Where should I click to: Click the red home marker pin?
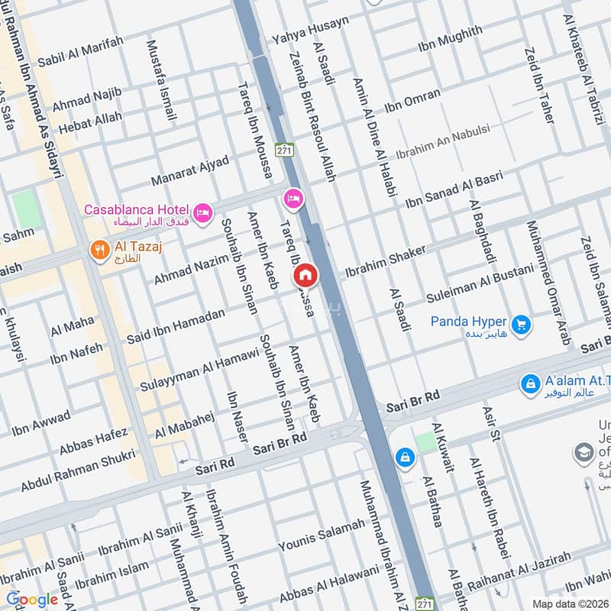305,274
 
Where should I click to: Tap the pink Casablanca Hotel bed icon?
202,212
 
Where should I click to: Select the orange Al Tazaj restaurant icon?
99,250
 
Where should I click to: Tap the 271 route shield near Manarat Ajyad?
284,150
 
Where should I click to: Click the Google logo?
32,600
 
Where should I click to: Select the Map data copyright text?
568,603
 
